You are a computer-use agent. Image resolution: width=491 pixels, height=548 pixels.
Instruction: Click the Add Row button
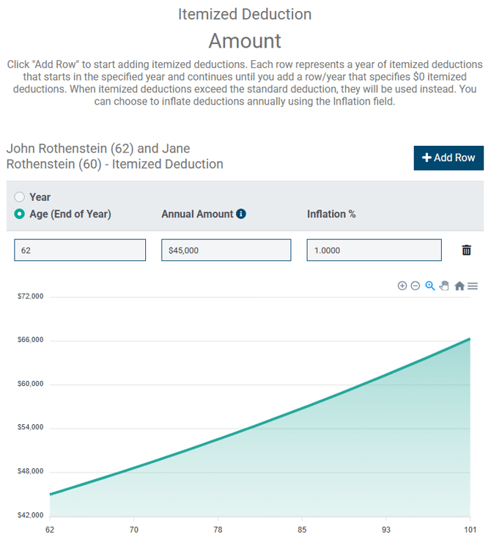tap(448, 158)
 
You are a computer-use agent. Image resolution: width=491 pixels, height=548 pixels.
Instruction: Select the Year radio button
tap(20, 197)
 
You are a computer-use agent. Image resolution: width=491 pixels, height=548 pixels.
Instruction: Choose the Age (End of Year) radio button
tap(20, 214)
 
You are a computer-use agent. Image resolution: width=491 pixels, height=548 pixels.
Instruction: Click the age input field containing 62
tap(80, 250)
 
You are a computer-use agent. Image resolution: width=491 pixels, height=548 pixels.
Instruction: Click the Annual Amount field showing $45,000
tap(226, 250)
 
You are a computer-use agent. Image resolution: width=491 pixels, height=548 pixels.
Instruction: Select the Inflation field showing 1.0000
tap(374, 250)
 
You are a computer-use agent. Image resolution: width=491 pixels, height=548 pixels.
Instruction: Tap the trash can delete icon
tap(466, 250)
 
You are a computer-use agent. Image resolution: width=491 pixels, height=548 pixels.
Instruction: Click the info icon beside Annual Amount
tap(241, 214)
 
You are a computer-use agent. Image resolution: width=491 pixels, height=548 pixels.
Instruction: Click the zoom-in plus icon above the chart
tap(402, 286)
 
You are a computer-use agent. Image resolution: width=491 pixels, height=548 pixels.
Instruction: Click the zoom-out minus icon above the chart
tap(416, 286)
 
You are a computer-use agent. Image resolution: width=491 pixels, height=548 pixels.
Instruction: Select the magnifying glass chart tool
tap(430, 286)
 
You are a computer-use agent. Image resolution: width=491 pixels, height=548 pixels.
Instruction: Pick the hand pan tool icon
tap(444, 286)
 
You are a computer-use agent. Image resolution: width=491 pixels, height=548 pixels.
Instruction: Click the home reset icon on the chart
tap(459, 286)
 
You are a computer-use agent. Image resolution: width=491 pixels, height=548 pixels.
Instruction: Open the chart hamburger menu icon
tap(473, 286)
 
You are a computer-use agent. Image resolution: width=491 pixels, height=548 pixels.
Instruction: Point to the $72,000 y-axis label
tap(30, 296)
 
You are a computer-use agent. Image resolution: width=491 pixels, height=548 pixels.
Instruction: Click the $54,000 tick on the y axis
tap(30, 427)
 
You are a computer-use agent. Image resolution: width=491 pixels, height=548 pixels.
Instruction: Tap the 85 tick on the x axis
tap(301, 529)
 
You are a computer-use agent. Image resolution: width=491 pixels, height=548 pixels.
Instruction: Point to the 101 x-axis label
tap(469, 529)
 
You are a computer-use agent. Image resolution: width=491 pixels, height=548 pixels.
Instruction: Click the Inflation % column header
tap(331, 214)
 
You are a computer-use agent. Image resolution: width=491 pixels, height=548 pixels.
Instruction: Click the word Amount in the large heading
tap(245, 40)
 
